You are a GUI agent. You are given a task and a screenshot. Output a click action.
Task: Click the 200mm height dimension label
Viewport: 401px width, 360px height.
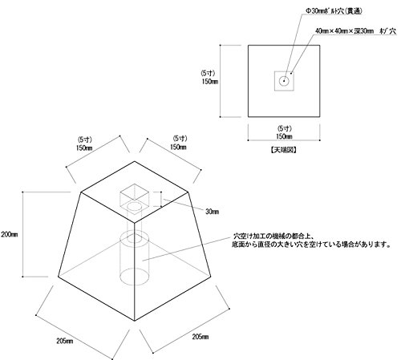point(10,234)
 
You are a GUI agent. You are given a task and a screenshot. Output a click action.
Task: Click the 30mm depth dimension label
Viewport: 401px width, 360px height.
point(212,212)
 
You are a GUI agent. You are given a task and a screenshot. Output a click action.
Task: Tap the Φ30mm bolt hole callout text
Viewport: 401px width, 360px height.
point(334,11)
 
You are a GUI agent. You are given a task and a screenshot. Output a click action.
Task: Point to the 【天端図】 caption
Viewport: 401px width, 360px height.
point(283,150)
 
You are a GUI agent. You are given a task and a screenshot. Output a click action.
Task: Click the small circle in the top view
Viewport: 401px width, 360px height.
point(284,81)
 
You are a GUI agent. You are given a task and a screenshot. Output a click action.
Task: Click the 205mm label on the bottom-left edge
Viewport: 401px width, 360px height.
point(65,341)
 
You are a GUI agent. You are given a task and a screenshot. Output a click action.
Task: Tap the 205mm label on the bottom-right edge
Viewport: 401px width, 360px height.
point(200,337)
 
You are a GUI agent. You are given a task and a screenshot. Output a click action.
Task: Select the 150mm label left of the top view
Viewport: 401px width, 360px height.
point(210,82)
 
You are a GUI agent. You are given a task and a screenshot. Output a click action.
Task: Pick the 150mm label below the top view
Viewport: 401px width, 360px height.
point(284,136)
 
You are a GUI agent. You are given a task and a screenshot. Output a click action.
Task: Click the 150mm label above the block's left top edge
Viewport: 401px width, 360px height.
point(84,148)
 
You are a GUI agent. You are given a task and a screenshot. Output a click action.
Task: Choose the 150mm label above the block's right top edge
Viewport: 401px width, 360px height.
point(178,147)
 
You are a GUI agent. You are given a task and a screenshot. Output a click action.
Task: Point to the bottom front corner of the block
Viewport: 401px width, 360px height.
point(135,321)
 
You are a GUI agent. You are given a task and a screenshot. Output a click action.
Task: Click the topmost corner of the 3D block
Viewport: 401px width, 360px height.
point(135,161)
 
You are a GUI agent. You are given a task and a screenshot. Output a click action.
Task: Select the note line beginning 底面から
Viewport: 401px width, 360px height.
point(311,245)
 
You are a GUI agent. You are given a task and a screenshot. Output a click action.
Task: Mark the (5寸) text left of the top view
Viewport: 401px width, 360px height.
point(208,73)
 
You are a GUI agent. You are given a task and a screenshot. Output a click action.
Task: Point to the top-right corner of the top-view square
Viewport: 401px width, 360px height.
point(320,45)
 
